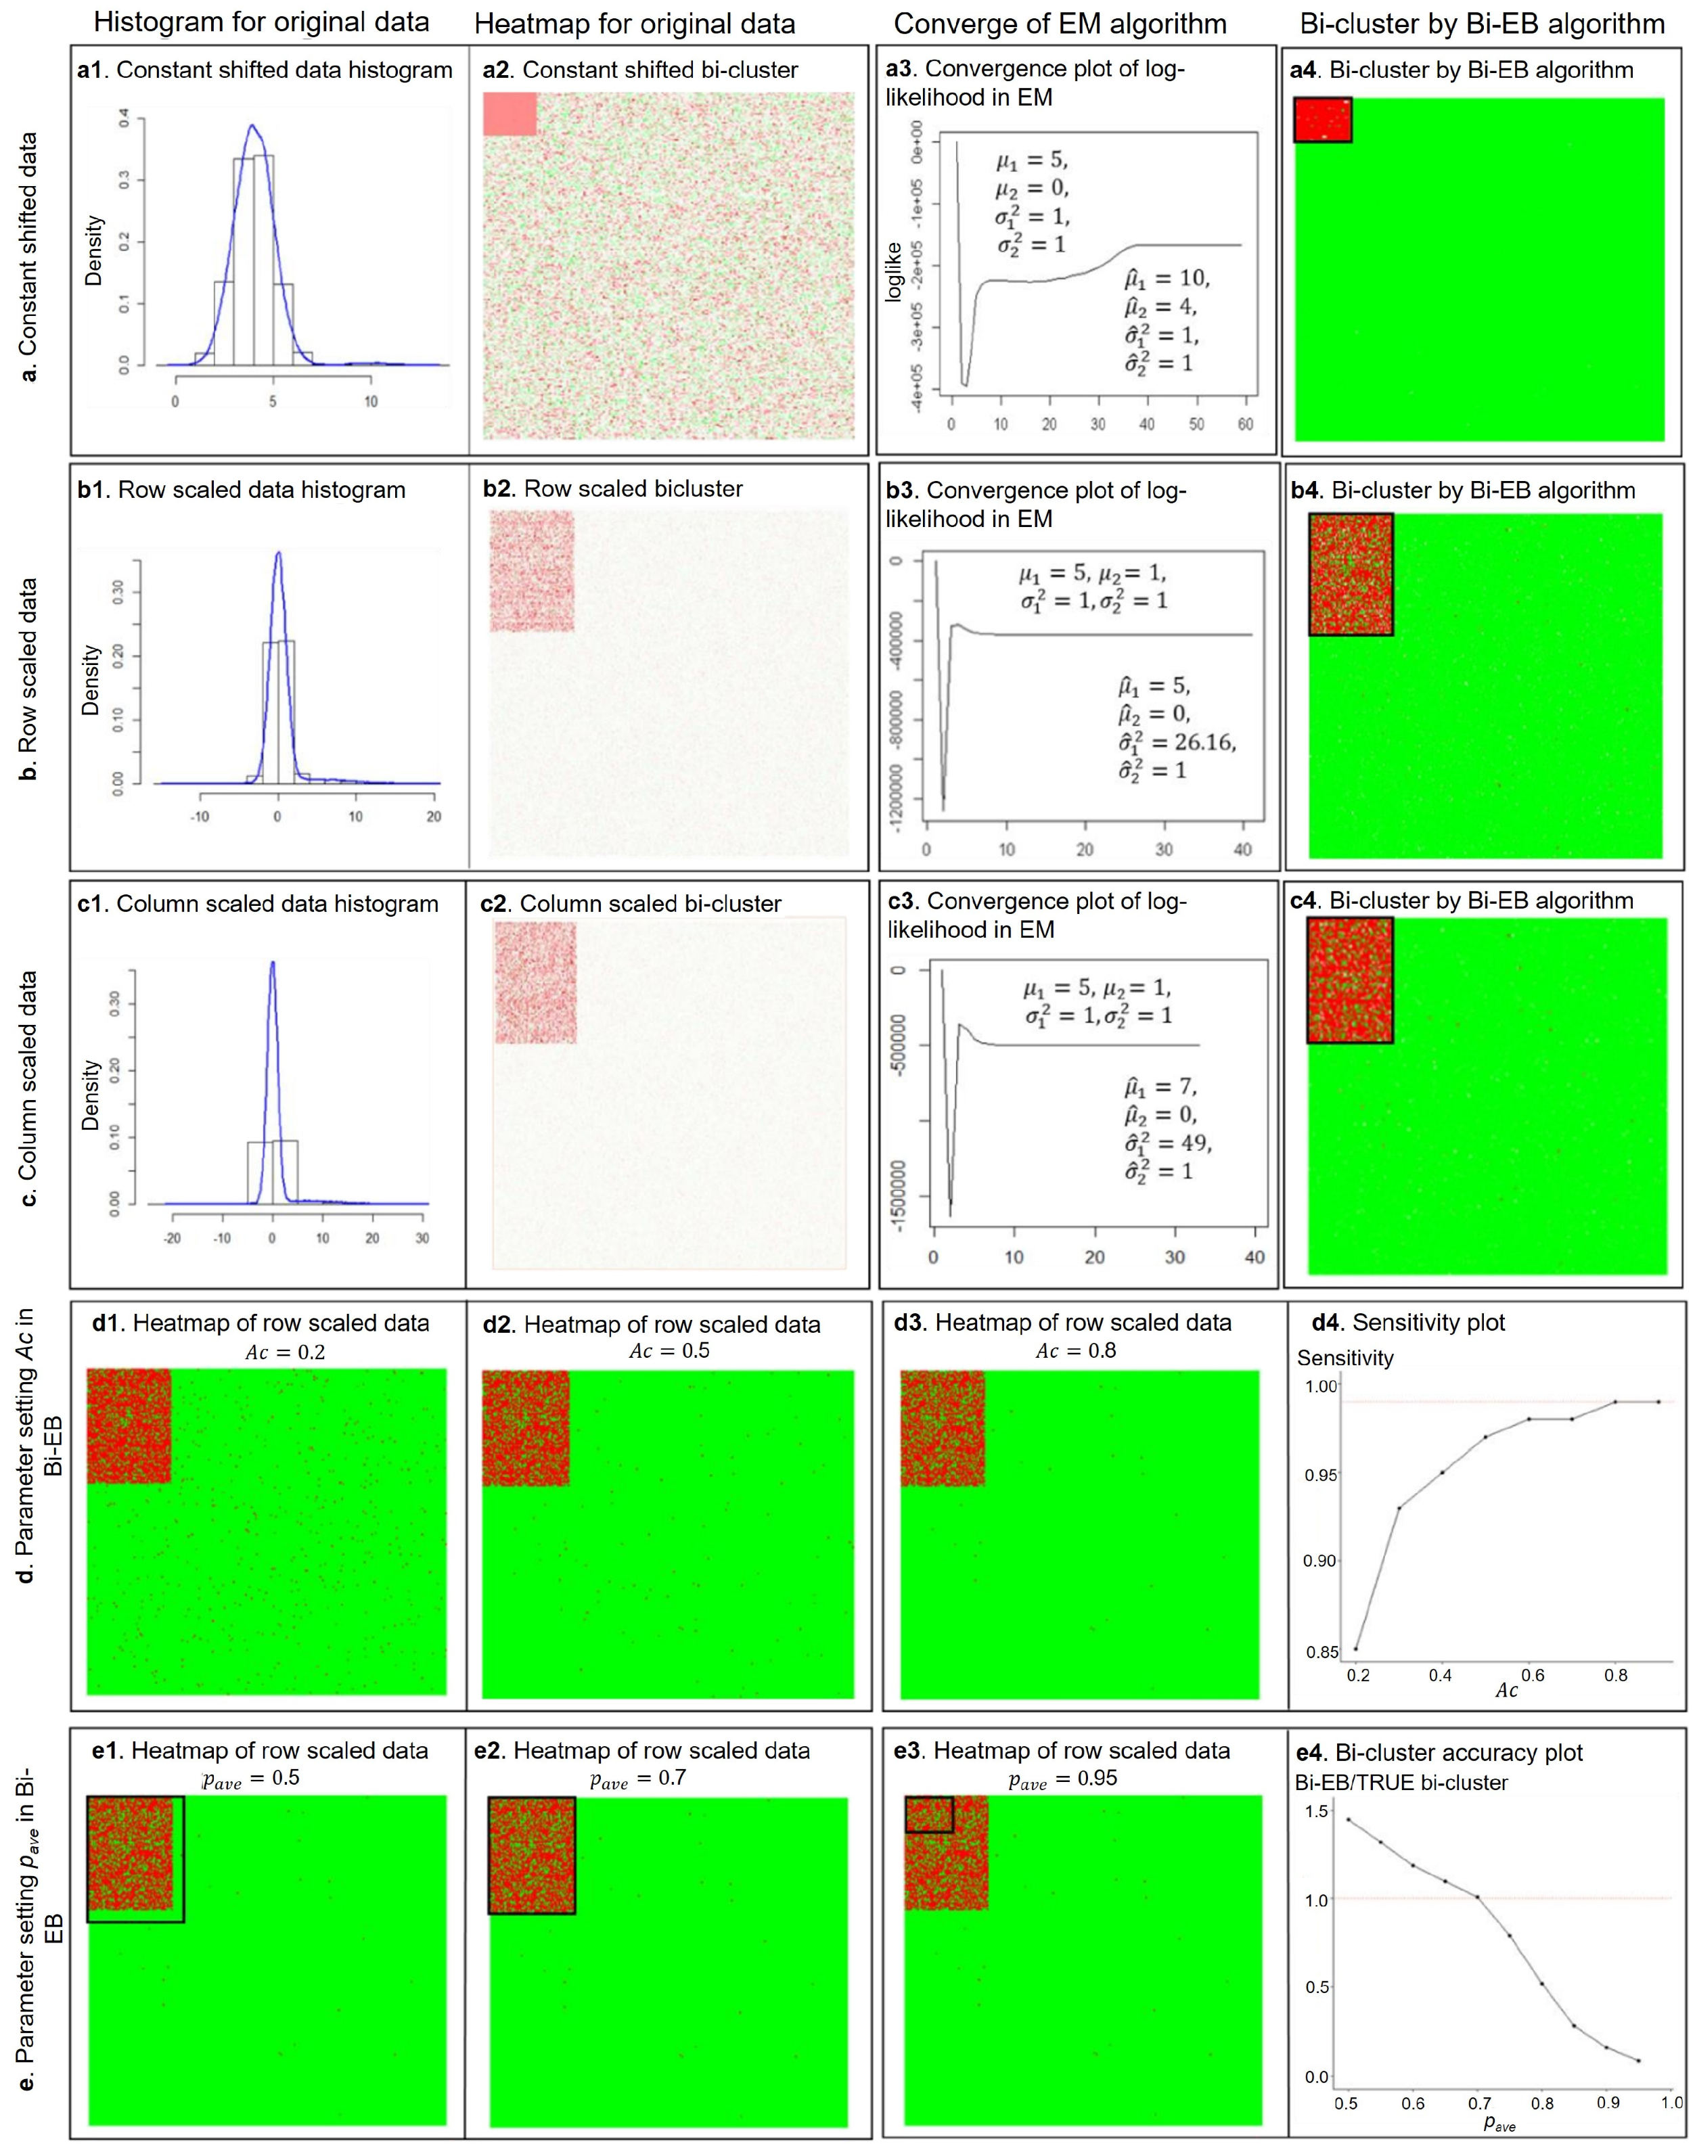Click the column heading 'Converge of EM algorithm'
1060,24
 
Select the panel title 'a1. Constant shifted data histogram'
265,70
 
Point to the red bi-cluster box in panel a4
1323,120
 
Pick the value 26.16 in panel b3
1206,742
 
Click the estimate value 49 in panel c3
1193,1143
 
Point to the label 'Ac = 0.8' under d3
1077,1350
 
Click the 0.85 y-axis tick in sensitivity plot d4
1320,1653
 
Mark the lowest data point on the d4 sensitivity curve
1355,1649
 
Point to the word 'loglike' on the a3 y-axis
893,271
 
